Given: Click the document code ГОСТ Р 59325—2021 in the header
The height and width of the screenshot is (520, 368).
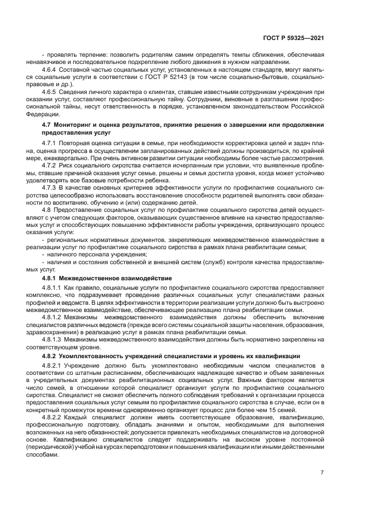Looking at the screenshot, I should click(x=293, y=38).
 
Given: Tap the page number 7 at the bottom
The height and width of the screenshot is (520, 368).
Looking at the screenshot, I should click(x=322, y=472).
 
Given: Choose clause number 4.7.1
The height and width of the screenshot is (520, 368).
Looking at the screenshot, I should click(x=51, y=143).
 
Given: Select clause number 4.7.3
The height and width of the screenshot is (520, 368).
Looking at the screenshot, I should click(x=51, y=187).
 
